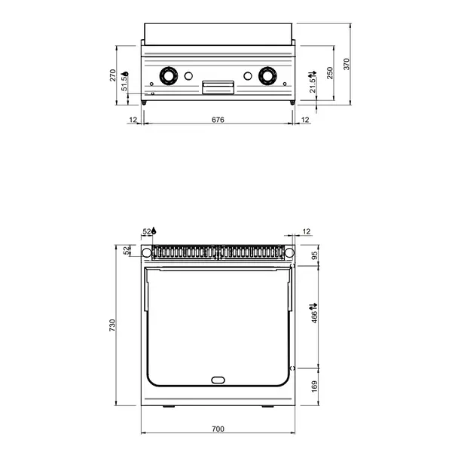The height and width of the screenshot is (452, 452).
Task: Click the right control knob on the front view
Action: click(x=267, y=75)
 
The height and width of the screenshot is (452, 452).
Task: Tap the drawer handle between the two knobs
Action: click(x=218, y=87)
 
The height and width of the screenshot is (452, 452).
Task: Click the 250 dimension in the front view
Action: click(x=328, y=74)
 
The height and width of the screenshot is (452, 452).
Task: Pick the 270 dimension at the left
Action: click(x=113, y=75)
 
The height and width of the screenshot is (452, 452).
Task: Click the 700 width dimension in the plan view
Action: click(x=218, y=429)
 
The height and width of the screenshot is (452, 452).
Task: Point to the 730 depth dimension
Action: click(x=113, y=326)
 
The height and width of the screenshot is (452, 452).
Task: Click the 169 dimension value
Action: click(x=313, y=386)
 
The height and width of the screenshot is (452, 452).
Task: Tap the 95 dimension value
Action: click(x=313, y=255)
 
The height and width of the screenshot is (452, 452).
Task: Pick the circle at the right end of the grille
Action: click(x=289, y=252)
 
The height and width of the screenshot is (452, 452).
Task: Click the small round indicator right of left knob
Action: click(x=189, y=75)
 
